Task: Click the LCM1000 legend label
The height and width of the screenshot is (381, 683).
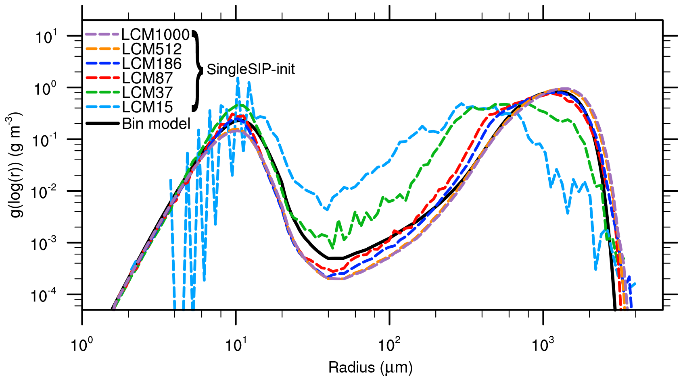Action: click(x=155, y=35)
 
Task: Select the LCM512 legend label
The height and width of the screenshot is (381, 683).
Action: click(x=152, y=49)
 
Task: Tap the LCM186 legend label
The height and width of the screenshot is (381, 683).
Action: click(x=152, y=64)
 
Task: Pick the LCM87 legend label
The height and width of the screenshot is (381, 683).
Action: click(x=148, y=78)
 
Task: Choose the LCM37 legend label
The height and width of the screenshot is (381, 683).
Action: click(x=148, y=92)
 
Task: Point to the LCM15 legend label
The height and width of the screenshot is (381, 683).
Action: click(x=148, y=107)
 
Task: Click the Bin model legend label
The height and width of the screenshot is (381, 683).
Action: click(x=156, y=124)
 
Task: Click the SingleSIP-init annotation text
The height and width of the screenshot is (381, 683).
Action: click(x=251, y=69)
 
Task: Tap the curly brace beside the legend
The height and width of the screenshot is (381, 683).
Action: click(x=197, y=70)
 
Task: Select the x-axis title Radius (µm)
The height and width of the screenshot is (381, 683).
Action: click(x=370, y=368)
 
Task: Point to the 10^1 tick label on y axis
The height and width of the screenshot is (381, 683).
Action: click(x=46, y=37)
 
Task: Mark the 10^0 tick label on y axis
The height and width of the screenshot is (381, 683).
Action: click(x=46, y=89)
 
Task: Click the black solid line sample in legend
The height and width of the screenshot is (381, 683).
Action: click(x=102, y=124)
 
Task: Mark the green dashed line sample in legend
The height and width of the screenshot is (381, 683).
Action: click(x=102, y=92)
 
